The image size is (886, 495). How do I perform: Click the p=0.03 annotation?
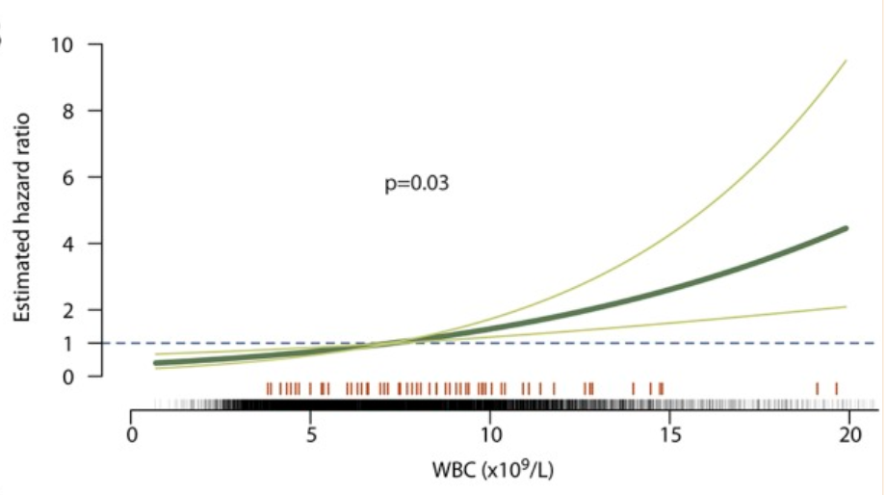tap(416, 182)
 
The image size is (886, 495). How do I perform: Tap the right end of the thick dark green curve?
tap(846, 228)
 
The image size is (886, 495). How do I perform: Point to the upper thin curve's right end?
tap(846, 62)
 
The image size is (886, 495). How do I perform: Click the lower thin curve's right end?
tap(846, 307)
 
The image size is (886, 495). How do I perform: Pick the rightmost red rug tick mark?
tap(836, 388)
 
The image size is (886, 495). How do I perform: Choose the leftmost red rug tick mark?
tap(269, 388)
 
